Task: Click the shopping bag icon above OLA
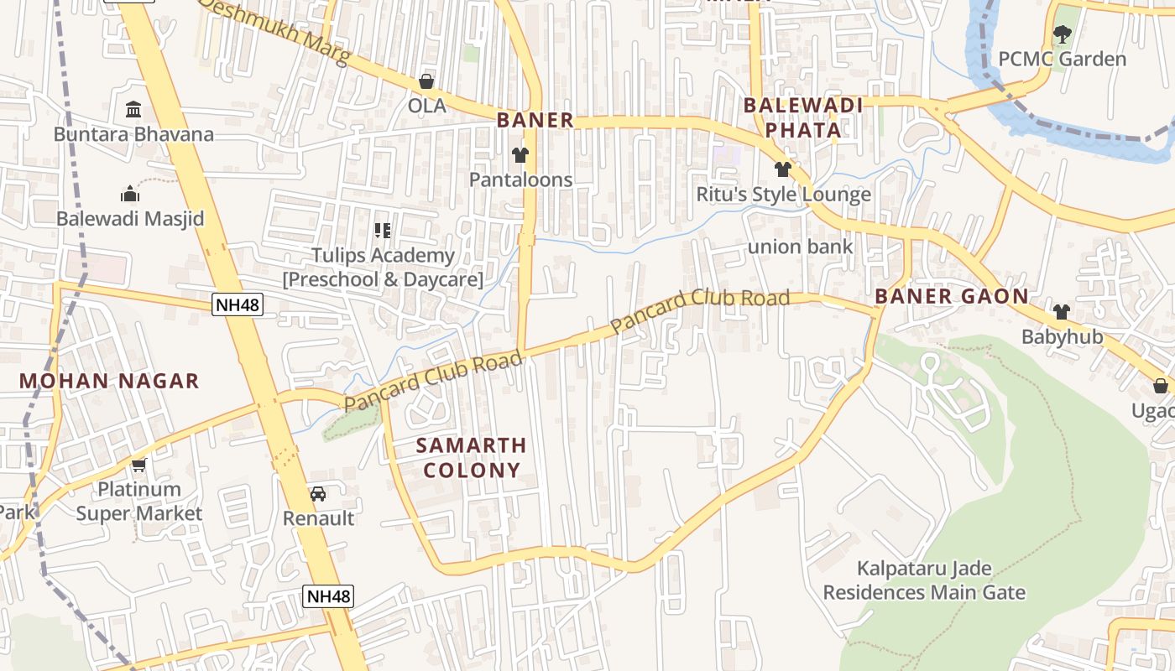pyautogui.click(x=426, y=81)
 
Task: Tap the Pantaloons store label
pyautogui.click(x=520, y=179)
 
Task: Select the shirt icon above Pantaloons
pyautogui.click(x=520, y=155)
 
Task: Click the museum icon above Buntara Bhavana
pyautogui.click(x=133, y=110)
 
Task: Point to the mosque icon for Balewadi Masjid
pyautogui.click(x=130, y=194)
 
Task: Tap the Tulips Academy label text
pyautogui.click(x=383, y=267)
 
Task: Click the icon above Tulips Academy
pyautogui.click(x=383, y=230)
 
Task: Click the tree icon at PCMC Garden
pyautogui.click(x=1062, y=34)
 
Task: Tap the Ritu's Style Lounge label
pyautogui.click(x=783, y=195)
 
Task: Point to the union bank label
pyautogui.click(x=800, y=247)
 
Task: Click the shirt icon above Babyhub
pyautogui.click(x=1061, y=312)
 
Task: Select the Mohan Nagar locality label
pyautogui.click(x=109, y=381)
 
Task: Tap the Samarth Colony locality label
pyautogui.click(x=472, y=457)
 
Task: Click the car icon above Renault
pyautogui.click(x=318, y=494)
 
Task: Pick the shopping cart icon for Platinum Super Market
pyautogui.click(x=138, y=464)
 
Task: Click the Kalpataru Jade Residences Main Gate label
pyautogui.click(x=923, y=580)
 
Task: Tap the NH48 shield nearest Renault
pyautogui.click(x=328, y=596)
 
